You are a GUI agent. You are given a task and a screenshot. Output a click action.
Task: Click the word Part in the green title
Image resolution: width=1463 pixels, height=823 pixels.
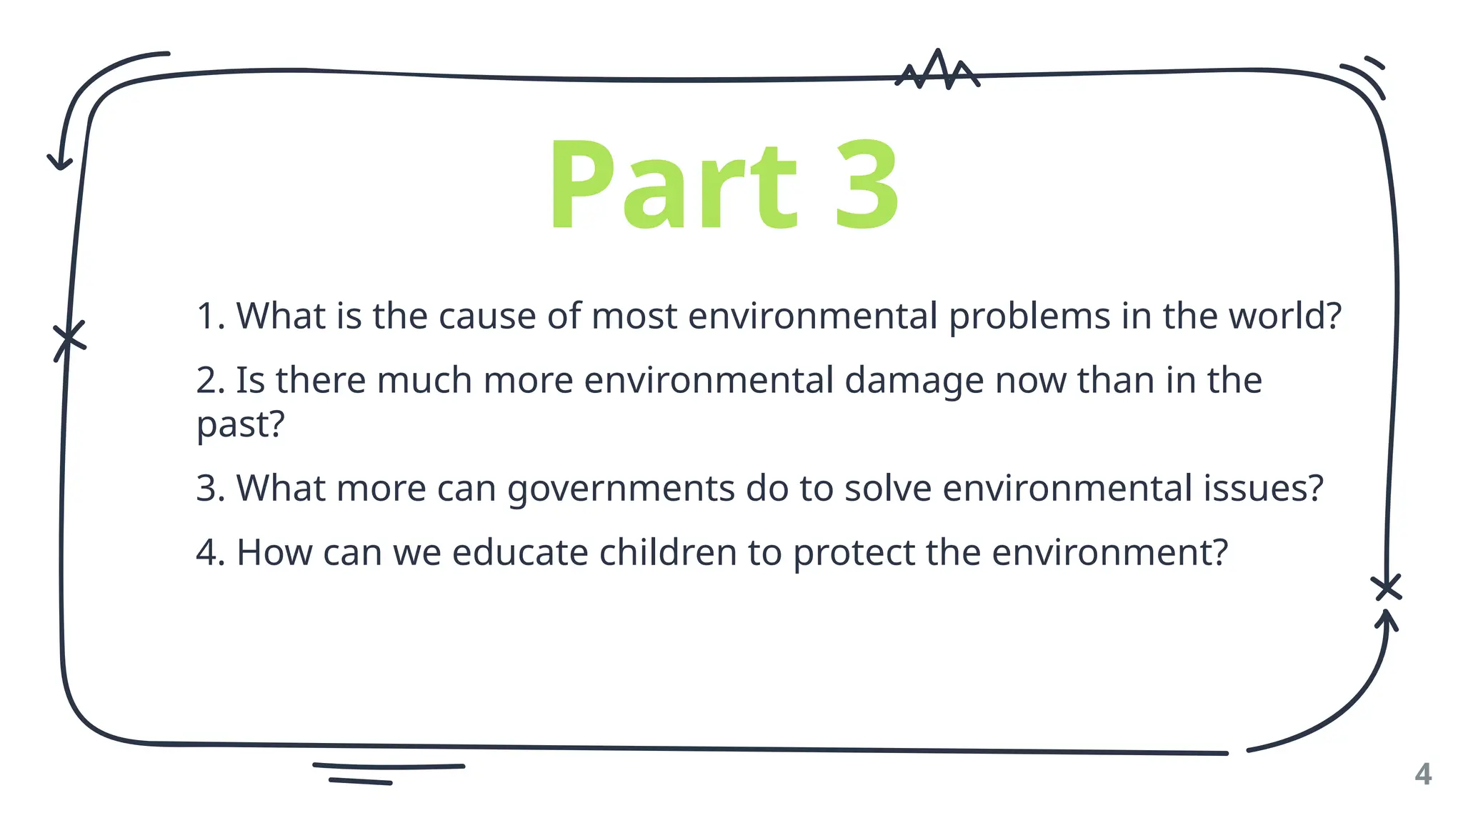click(672, 184)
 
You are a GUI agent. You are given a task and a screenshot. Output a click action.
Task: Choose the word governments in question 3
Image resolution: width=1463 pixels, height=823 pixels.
click(621, 489)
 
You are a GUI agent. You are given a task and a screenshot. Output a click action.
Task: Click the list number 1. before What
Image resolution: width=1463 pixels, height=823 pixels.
click(210, 316)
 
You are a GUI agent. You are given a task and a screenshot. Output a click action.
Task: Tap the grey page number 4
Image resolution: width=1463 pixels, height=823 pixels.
click(1423, 774)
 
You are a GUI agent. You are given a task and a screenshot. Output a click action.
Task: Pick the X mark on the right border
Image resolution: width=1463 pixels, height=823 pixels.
click(1387, 587)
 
